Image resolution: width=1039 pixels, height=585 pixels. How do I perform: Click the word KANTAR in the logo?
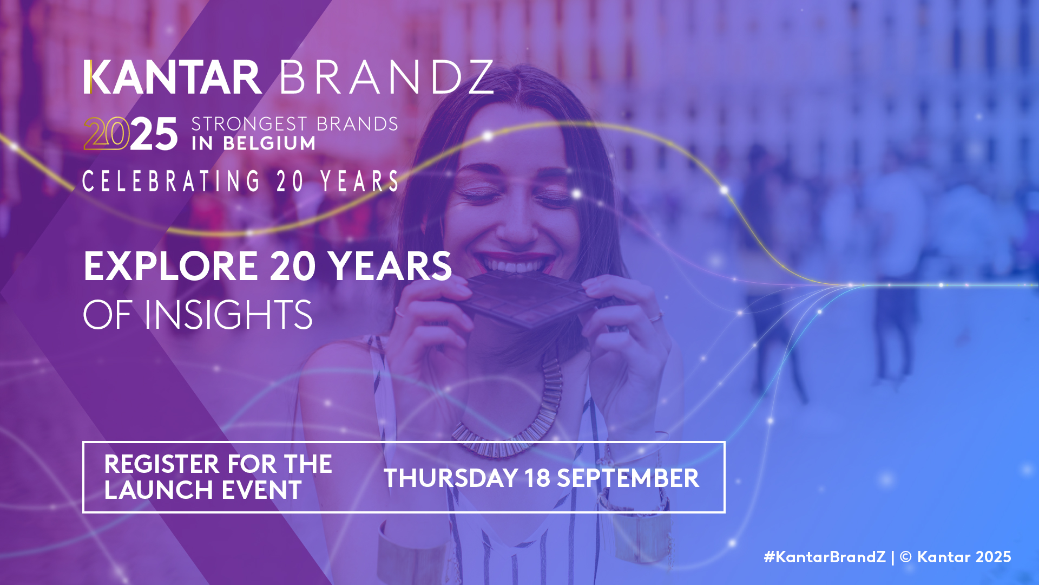coord(173,77)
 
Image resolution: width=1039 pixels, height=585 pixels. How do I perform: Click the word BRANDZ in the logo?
coord(386,77)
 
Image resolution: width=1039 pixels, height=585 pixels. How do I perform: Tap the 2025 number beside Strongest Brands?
coord(130,133)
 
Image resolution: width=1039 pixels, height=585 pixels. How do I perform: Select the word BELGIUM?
coord(269,144)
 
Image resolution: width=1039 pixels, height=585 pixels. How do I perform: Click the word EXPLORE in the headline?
coord(171,266)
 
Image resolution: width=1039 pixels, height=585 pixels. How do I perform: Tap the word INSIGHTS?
coord(228,315)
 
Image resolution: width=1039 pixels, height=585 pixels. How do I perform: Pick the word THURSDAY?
coord(451,478)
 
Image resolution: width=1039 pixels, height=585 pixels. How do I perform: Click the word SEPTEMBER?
coord(628,478)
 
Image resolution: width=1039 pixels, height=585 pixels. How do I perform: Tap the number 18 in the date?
coord(537,478)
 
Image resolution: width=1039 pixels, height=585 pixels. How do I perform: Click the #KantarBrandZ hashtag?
coord(825,557)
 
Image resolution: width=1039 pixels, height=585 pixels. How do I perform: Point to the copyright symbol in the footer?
coord(906,557)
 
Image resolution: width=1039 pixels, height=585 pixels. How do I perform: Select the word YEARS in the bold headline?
coord(390,266)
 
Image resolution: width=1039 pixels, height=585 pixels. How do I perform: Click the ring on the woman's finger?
coord(655,317)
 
